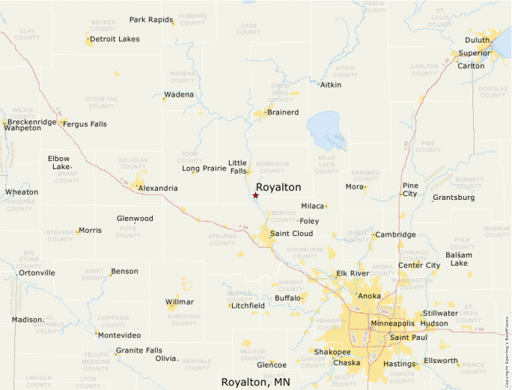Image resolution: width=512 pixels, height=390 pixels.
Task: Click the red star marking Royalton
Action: [x=255, y=195]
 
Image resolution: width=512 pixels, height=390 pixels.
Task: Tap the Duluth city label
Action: [x=477, y=40]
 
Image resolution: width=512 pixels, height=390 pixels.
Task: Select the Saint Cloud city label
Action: [x=291, y=234]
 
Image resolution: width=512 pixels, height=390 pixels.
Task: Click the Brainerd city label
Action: [x=283, y=112]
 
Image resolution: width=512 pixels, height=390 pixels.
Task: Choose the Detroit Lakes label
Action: [x=115, y=39]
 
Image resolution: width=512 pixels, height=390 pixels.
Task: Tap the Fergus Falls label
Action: [x=85, y=124]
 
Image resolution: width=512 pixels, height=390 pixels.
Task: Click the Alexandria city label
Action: [x=158, y=188]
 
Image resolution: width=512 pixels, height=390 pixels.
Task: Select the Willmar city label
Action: [x=179, y=302]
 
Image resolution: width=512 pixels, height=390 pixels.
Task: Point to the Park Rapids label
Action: [x=151, y=19]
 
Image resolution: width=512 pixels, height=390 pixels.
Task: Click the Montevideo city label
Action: [x=120, y=335]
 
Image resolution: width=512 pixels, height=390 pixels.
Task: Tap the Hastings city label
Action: [x=398, y=364]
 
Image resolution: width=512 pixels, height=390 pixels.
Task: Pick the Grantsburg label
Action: [x=454, y=198]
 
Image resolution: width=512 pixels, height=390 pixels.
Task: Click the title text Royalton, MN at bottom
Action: [x=255, y=382]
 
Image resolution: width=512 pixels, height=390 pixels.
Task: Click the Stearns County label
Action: [x=222, y=240]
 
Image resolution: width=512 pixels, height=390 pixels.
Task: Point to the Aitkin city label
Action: [x=330, y=85]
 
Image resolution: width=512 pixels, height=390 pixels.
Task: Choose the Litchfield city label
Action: [x=249, y=305]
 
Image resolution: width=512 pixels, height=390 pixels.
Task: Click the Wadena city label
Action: [x=180, y=94]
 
